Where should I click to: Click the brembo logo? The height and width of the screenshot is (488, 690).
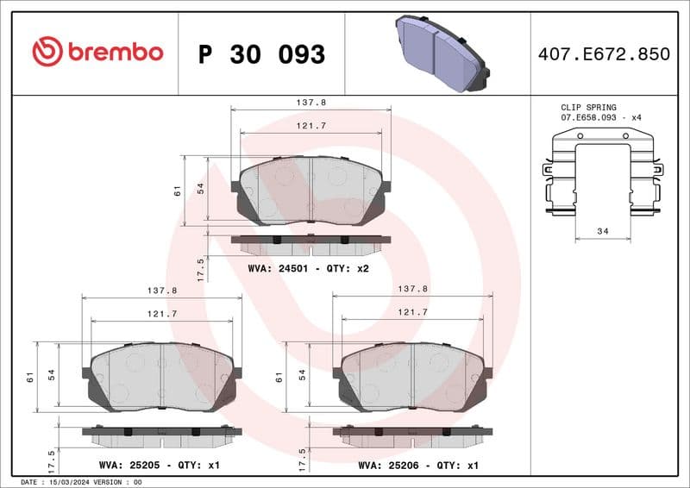97,53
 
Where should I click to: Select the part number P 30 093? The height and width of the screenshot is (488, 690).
261,54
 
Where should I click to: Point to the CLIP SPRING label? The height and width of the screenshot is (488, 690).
588,107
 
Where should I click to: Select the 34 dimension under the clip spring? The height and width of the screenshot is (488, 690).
603,231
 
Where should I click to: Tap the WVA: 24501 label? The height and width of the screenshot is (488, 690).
273,268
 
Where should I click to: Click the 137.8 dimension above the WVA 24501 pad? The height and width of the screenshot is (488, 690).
310,102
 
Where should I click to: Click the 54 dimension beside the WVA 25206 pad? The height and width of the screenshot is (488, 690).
303,375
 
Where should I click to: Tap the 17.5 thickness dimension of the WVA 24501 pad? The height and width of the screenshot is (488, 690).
200,268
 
